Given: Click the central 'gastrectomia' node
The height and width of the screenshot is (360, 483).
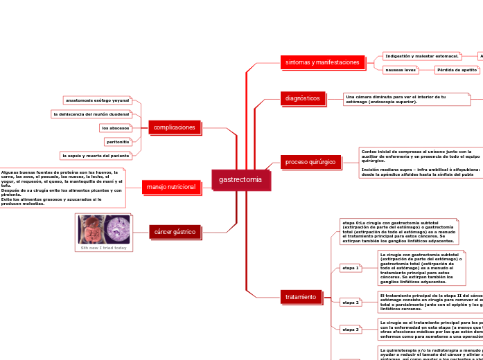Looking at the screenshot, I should tap(240, 179).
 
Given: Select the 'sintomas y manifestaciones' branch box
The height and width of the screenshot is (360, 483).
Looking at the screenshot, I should tap(322, 62).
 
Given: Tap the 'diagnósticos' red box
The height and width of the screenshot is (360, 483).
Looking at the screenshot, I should tap(303, 98).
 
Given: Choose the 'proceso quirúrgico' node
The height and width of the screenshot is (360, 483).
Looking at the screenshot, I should tap(310, 162).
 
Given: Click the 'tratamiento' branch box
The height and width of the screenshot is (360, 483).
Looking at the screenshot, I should tap(301, 297).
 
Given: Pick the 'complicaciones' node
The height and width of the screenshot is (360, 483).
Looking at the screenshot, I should tap(175, 127).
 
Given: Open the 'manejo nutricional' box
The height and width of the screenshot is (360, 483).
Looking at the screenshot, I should tap(170, 187).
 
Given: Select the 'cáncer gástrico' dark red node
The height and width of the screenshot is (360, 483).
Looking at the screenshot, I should tap(175, 231).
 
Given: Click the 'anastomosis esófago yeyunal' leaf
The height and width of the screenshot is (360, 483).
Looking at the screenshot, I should tap(97, 100).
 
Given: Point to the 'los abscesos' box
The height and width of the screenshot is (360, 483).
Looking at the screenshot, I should tap(115, 128).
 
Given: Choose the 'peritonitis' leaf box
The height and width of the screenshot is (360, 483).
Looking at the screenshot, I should tap(118, 142).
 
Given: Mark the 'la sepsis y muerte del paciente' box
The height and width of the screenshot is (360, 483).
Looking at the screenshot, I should tap(96, 156).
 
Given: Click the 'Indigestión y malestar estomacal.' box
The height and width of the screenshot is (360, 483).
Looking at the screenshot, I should tap(421, 56).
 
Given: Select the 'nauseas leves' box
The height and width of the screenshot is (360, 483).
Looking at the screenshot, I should tap(401, 70).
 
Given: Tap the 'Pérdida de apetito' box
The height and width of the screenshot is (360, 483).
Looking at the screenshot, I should tap(457, 70).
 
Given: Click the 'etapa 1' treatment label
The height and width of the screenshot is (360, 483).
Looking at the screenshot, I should tap(351, 268).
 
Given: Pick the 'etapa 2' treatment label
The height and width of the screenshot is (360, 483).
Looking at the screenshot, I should tap(351, 303).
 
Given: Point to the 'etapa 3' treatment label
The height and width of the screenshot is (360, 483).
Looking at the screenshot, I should tap(351, 330).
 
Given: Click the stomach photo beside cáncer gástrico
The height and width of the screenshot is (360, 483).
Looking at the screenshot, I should tap(103, 228).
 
